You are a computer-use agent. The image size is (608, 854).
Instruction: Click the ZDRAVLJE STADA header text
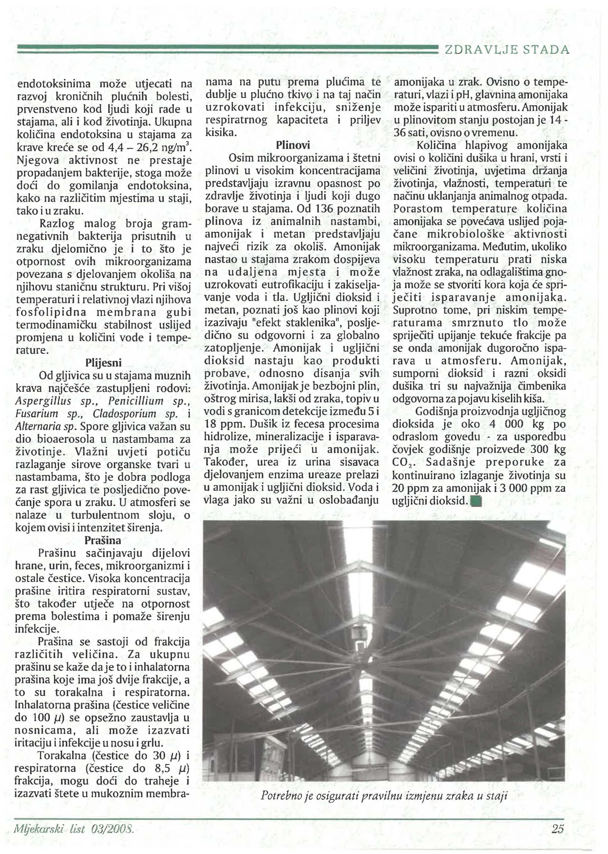click(506, 50)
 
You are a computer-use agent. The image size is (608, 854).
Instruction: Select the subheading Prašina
click(103, 540)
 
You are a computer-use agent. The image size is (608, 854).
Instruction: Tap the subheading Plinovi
click(293, 145)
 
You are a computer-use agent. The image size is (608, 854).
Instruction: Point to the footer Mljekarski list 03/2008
click(74, 829)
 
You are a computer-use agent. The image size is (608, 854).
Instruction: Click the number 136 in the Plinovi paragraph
click(321, 208)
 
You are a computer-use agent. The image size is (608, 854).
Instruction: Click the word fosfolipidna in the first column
click(51, 312)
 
